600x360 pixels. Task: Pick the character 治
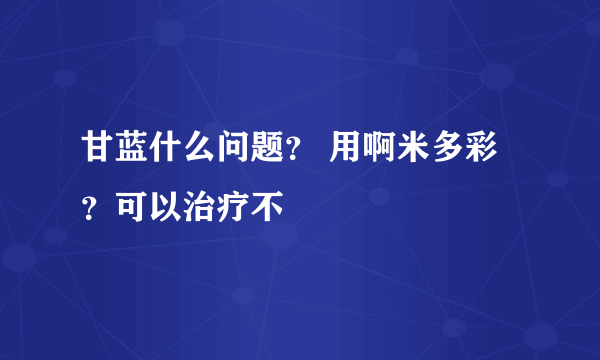pyautogui.click(x=198, y=206)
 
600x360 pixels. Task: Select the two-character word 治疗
pyautogui.click(x=216, y=206)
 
